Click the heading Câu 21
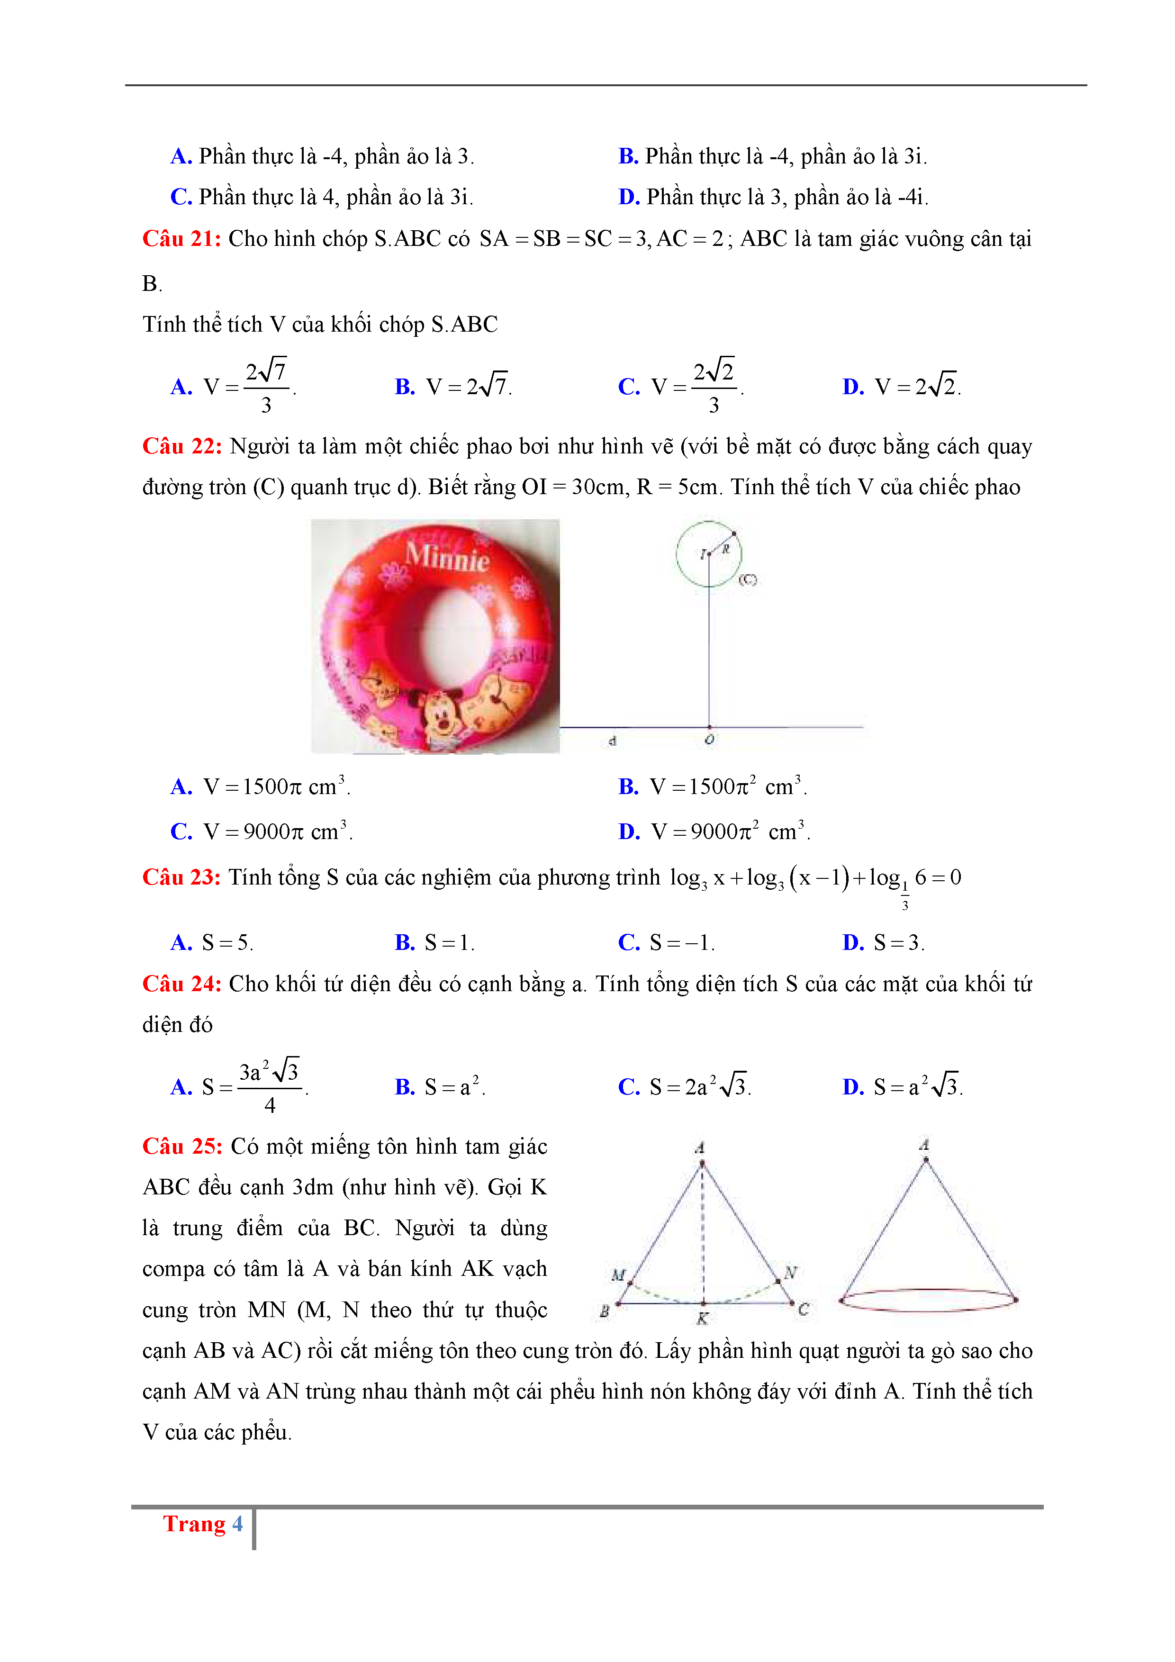tap(181, 239)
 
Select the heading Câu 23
tap(181, 877)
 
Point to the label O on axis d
tap(709, 740)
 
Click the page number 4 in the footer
tap(237, 1524)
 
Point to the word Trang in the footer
tap(194, 1524)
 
